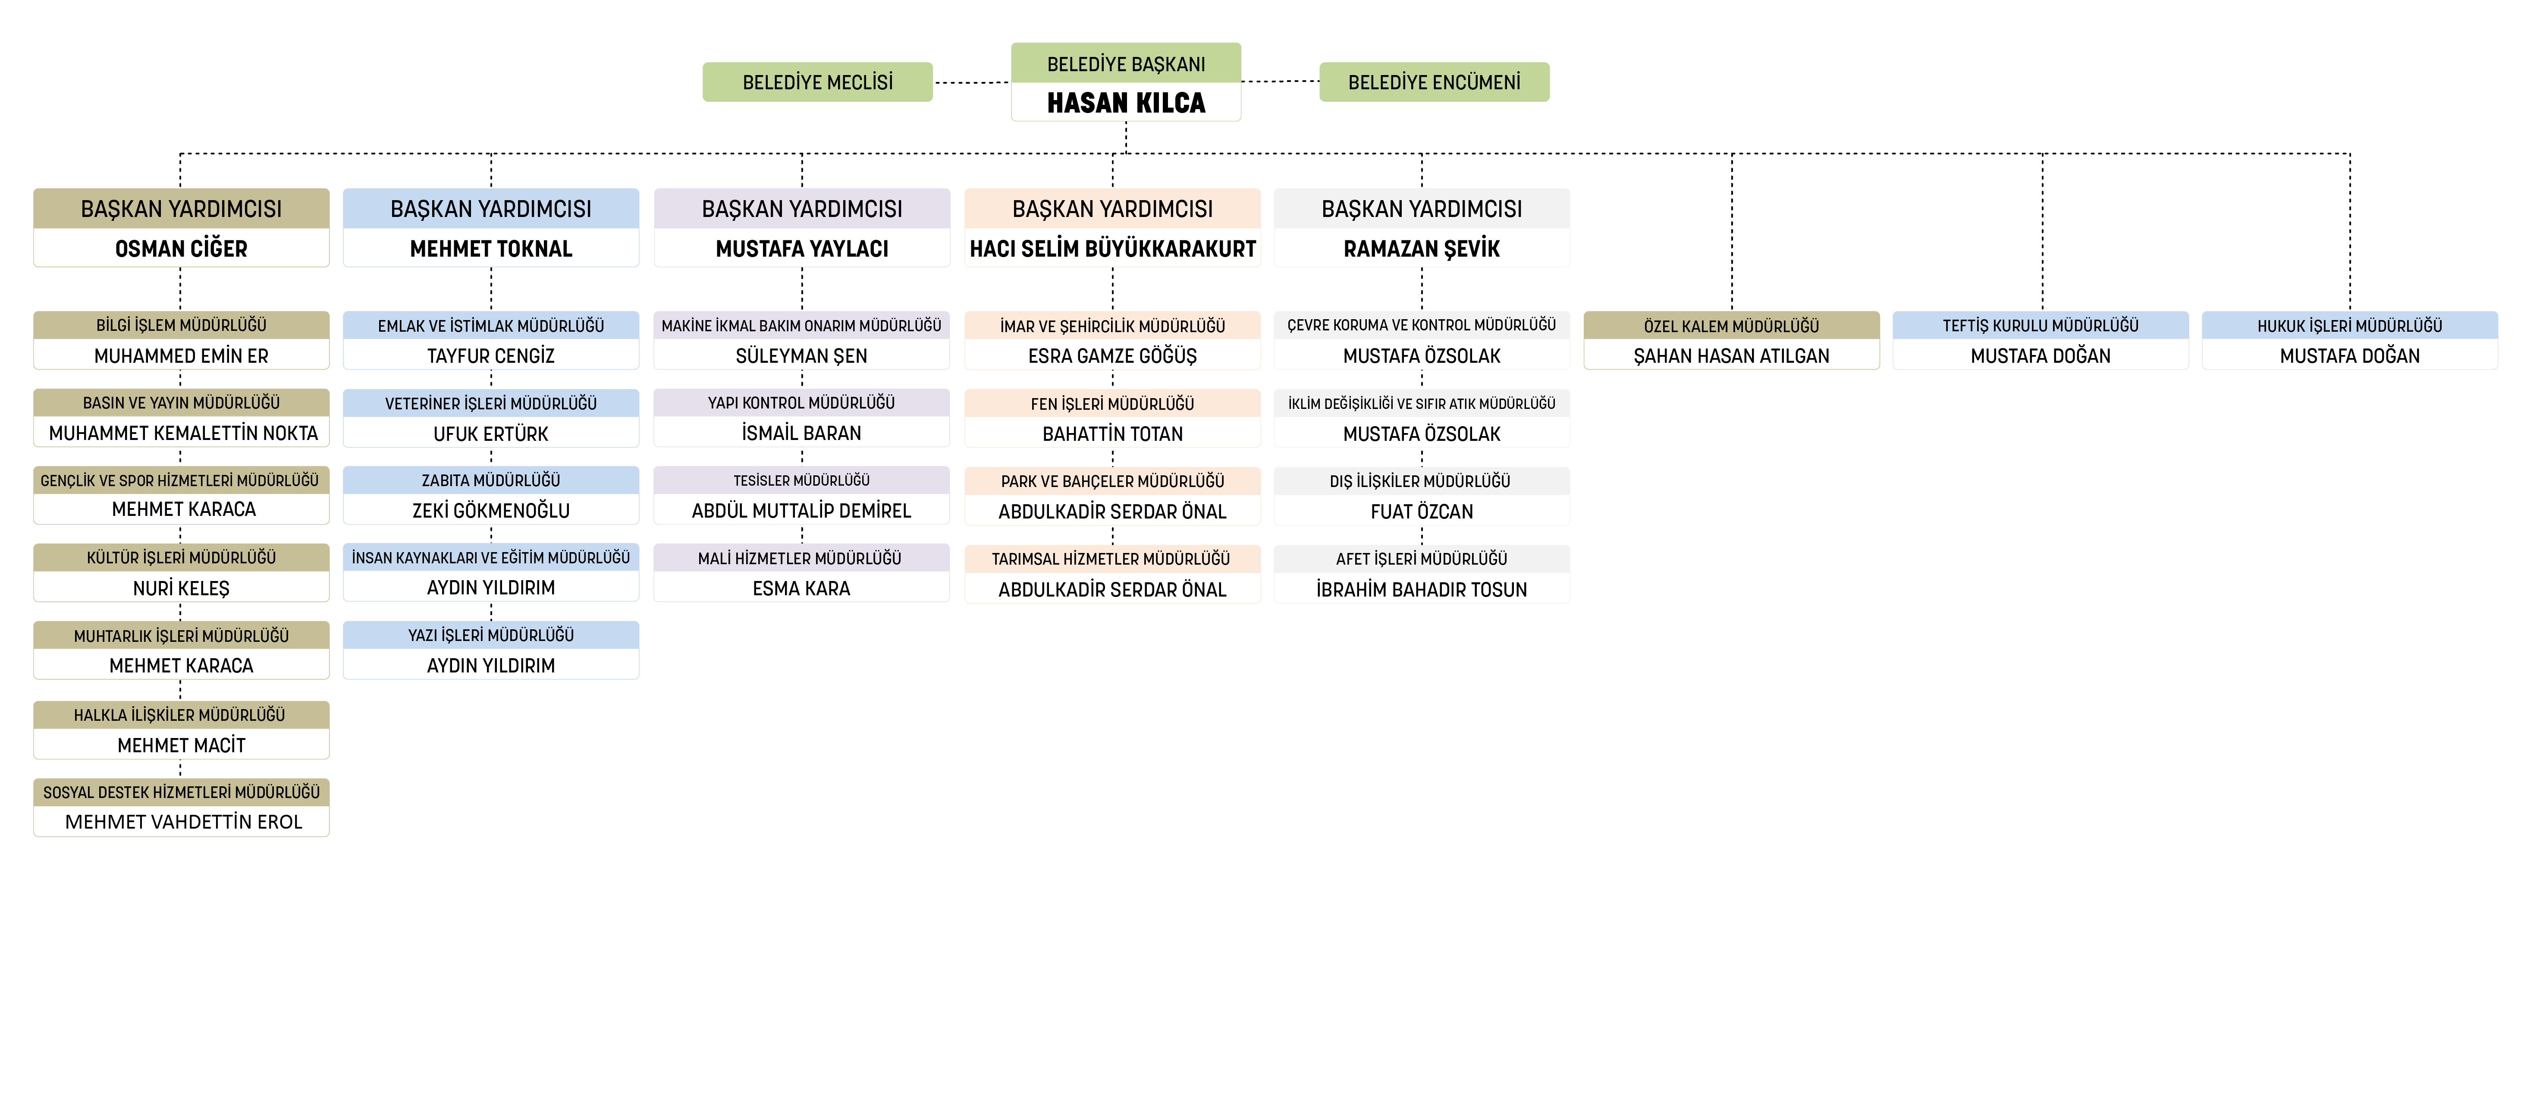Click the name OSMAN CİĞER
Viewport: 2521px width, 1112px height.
click(181, 248)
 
